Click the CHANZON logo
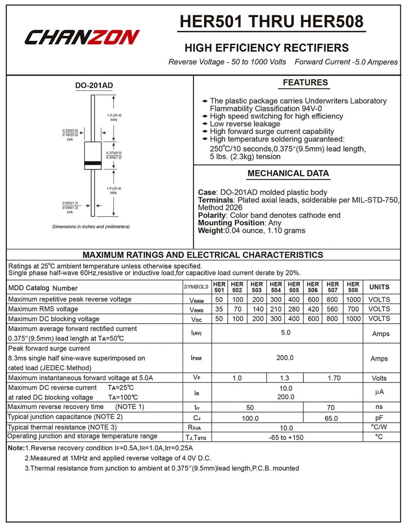tap(82, 37)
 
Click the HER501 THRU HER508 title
tap(272, 22)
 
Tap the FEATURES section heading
tap(305, 82)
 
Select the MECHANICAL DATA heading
tap(288, 173)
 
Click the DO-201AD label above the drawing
tap(94, 86)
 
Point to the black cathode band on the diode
tap(93, 162)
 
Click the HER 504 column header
tap(275, 287)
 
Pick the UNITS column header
tap(379, 287)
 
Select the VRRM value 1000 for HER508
tap(353, 299)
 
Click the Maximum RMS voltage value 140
tap(258, 309)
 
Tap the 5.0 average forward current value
tap(286, 333)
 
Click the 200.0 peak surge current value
tap(285, 358)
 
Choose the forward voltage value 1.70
tap(334, 378)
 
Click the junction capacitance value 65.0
tap(331, 418)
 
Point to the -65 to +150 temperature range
tap(286, 438)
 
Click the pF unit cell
tap(379, 418)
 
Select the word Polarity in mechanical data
tap(212, 215)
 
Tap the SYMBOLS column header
tap(196, 287)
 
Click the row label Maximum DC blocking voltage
tap(54, 319)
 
